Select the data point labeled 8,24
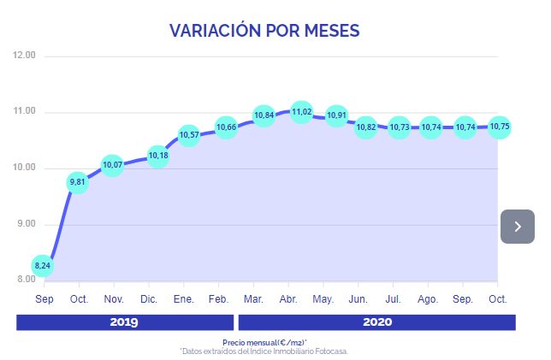[42, 266]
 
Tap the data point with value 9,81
[78, 182]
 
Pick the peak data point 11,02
[301, 112]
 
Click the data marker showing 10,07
[113, 164]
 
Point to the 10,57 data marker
[188, 135]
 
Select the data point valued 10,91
[336, 115]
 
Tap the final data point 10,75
[499, 127]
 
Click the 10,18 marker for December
[157, 156]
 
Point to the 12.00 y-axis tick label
[25, 56]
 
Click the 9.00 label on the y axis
[25, 224]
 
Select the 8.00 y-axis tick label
[25, 280]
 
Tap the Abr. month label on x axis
[288, 299]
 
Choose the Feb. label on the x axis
[218, 299]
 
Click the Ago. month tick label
[428, 299]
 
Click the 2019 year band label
[124, 322]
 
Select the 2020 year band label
[376, 322]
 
